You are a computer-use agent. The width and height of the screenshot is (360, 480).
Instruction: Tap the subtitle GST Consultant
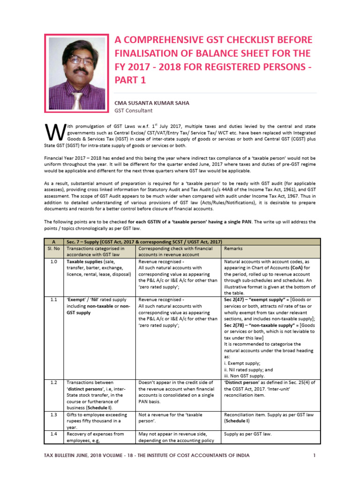coord(134,111)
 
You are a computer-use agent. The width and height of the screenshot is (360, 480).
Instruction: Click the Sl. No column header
coord(53,248)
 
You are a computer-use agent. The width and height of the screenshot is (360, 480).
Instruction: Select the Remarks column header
coord(233,248)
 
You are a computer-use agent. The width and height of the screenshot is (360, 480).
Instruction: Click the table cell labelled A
coord(53,241)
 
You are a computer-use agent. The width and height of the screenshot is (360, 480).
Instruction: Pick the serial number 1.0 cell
coord(53,262)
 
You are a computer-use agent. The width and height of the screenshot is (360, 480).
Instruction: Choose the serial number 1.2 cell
coord(53,382)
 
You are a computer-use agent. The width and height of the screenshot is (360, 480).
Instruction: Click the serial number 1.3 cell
coord(53,415)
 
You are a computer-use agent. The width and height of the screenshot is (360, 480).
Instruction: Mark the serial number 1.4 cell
coord(53,434)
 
